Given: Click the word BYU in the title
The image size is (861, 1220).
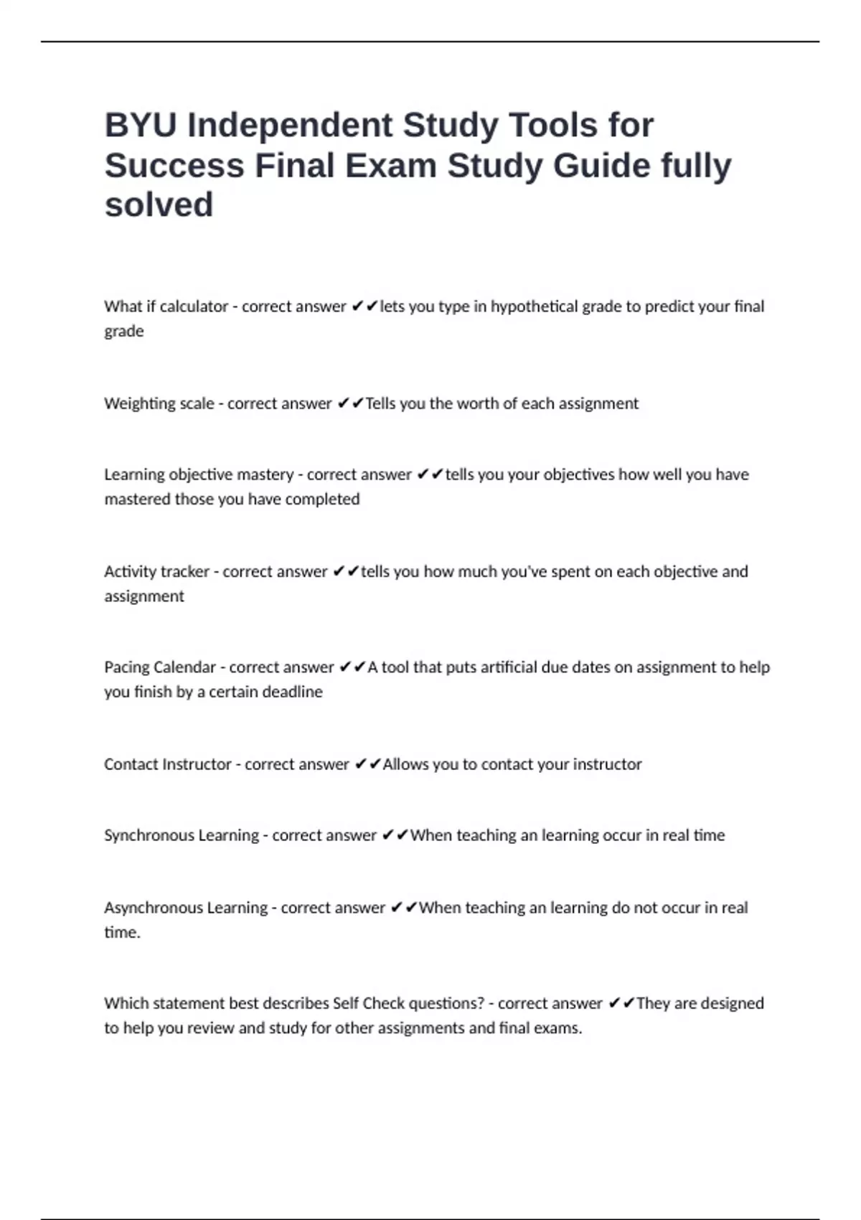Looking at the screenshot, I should click(x=140, y=126).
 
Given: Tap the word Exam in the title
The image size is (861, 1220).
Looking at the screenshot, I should click(x=391, y=166).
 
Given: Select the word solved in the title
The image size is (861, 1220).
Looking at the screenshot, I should click(x=159, y=205).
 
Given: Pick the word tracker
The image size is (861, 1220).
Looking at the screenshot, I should click(x=183, y=572).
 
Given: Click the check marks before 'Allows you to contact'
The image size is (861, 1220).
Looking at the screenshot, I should click(x=367, y=764).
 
